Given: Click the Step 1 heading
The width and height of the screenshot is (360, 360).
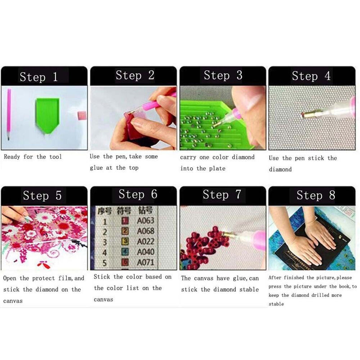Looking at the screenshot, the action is coord(39,76).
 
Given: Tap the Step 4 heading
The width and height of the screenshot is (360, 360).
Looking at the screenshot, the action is coord(311,76).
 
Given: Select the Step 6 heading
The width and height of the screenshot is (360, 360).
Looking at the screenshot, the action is coord(138,194).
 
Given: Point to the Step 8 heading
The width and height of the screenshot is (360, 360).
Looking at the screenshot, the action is coord(316,195).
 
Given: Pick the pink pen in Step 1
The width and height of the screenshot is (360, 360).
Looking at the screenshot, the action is coord(9,114).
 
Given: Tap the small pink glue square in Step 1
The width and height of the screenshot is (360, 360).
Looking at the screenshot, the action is coord(82,115).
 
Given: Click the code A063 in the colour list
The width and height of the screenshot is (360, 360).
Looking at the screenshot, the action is coord(145,220).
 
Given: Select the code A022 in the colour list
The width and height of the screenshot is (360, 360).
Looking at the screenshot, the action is coord(145,242).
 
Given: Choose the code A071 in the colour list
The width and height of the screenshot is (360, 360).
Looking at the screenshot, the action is coord(145,262).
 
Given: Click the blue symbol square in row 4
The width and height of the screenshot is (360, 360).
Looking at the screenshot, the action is coord(125,252).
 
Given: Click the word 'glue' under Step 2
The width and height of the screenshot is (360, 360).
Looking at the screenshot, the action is coord(96,168).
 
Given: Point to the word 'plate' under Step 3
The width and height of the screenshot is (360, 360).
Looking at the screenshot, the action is coord(217,168).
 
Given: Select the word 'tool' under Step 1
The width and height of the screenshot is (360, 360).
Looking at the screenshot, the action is coord(55,157).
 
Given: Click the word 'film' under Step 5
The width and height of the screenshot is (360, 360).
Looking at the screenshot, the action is coord(65,278).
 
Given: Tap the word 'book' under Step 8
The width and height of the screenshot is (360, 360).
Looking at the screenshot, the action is coord(345,287).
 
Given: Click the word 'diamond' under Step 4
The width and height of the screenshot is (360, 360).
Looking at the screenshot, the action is coord(280,170).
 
